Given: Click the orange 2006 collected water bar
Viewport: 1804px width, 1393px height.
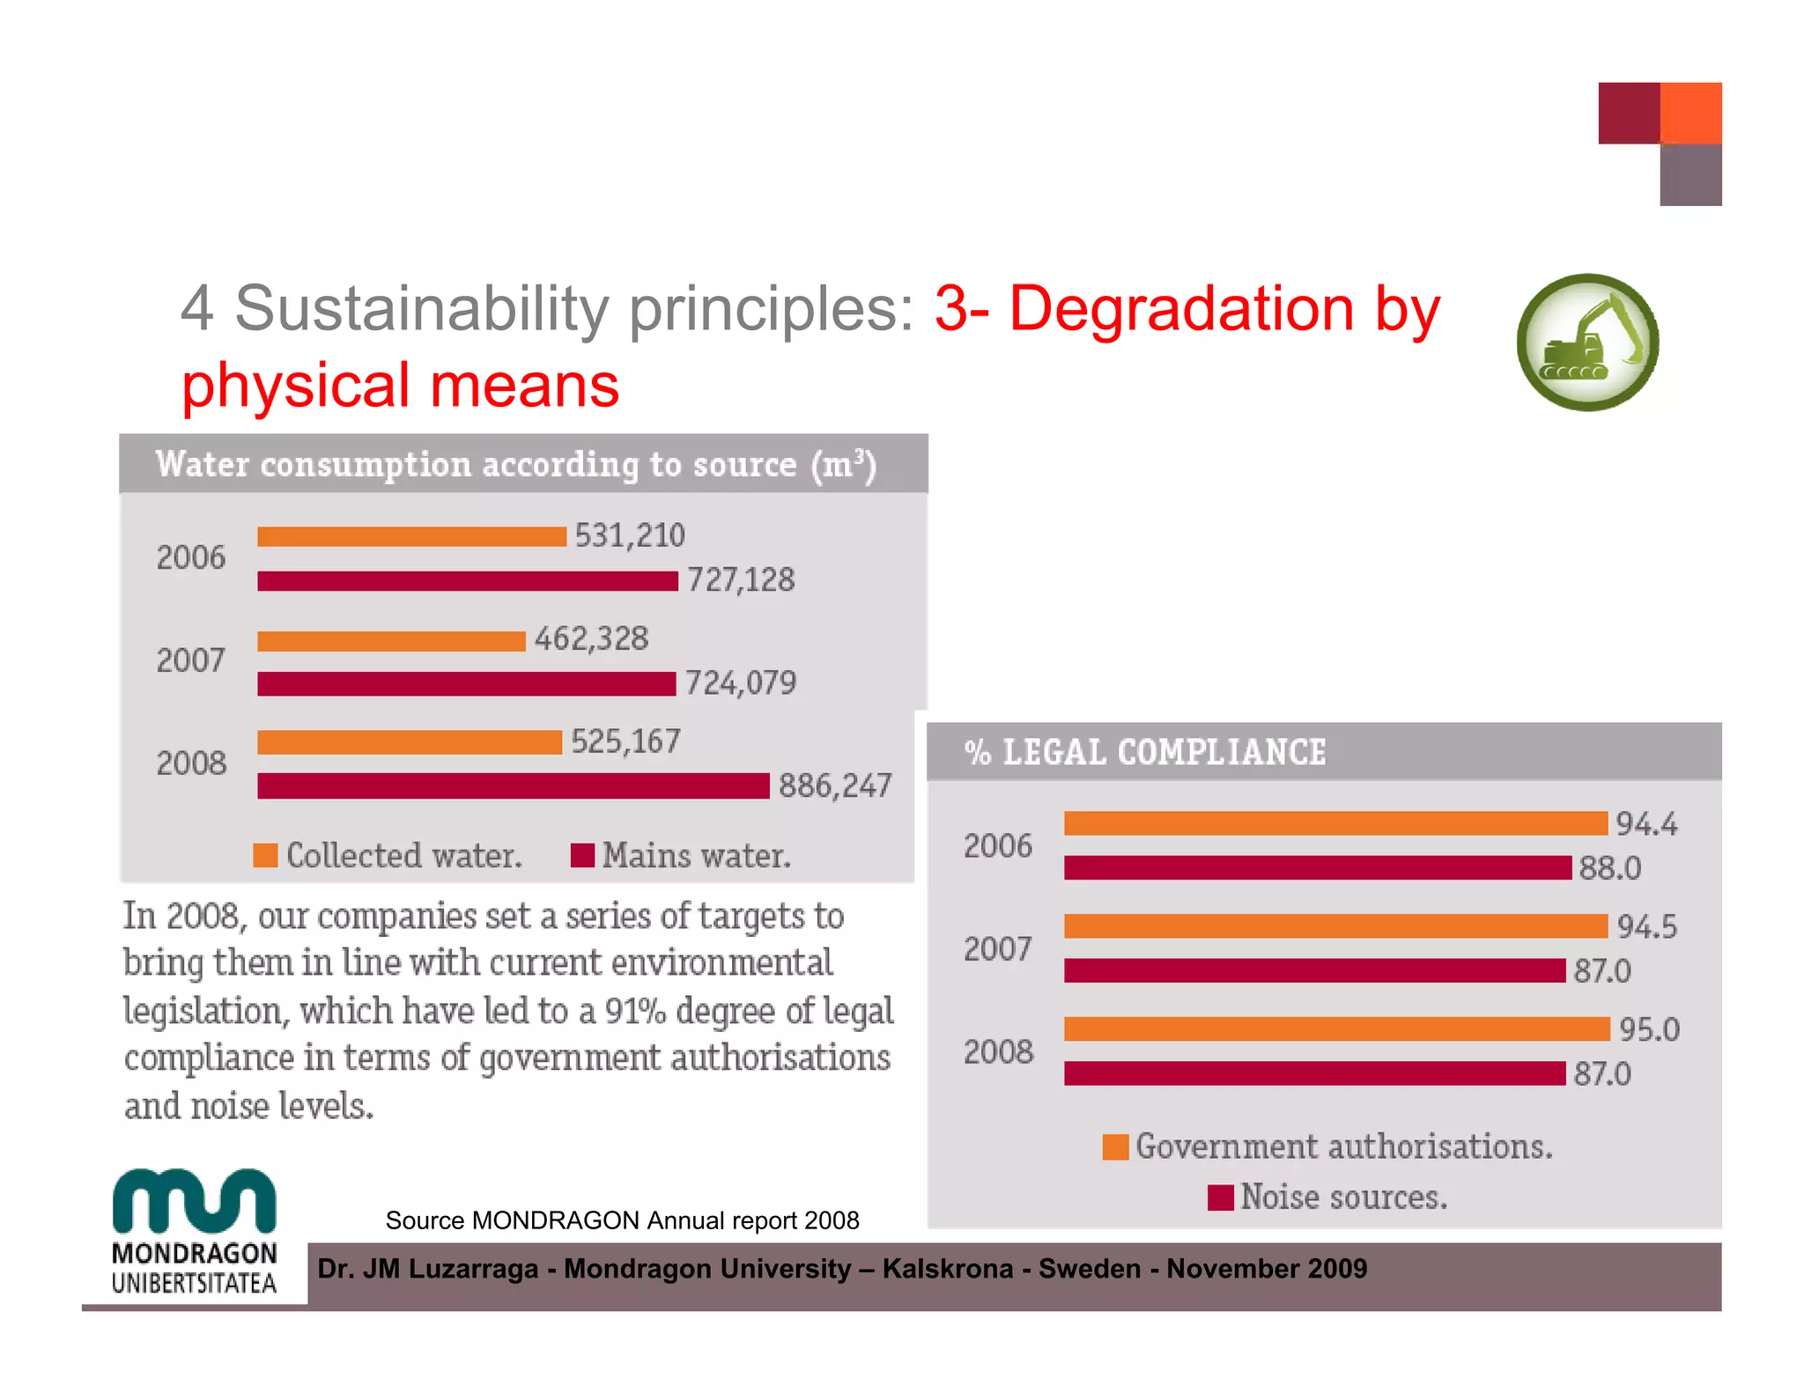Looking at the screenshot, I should (x=411, y=536).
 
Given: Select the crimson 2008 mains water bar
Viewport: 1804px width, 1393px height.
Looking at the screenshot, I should (x=513, y=785).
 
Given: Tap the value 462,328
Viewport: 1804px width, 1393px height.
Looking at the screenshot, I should (x=591, y=638).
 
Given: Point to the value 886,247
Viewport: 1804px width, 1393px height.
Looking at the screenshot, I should (x=834, y=785).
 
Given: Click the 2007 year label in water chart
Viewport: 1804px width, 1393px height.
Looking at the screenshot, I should (x=191, y=660).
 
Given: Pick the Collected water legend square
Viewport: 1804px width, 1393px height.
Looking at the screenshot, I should (x=265, y=855).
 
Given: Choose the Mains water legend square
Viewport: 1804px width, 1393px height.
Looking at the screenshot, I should (x=582, y=855).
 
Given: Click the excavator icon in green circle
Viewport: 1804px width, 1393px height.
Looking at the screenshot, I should (x=1587, y=343).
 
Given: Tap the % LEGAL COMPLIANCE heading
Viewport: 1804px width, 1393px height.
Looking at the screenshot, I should (x=1145, y=752).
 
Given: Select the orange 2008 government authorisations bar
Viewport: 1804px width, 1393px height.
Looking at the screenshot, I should (x=1336, y=1028).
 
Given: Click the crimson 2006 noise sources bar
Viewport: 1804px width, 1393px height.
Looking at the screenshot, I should (x=1317, y=867).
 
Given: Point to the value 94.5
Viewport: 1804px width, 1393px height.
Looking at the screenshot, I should (x=1646, y=926).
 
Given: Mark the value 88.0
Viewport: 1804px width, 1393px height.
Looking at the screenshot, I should (x=1609, y=868).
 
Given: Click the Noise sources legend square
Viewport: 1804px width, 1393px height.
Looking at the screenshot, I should (x=1220, y=1198).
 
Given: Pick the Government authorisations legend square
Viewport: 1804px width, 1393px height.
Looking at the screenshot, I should (x=1115, y=1146).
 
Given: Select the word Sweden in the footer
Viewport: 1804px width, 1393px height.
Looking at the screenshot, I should (x=1089, y=1269).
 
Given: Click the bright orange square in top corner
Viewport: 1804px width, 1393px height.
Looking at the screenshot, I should (x=1690, y=114).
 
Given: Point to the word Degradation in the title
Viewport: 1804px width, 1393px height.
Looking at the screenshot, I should (x=1180, y=309).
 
